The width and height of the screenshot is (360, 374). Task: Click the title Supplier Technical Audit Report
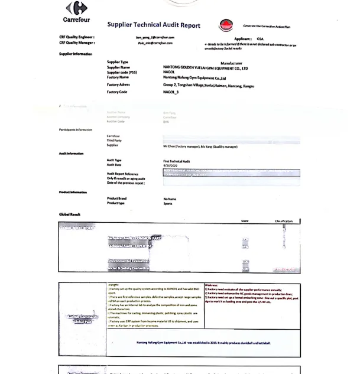coord(154,25)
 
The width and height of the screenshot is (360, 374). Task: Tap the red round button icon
coord(226,25)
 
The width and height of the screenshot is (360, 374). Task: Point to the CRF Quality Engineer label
coord(77,37)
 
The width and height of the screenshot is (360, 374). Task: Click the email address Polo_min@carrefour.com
coord(155,43)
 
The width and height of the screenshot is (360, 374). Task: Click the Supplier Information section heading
coord(76,54)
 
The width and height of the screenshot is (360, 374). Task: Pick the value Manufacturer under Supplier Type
coord(231,63)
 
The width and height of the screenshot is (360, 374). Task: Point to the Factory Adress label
coord(118,84)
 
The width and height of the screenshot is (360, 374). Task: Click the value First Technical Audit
coord(176,160)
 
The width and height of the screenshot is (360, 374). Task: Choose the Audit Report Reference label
coord(122,174)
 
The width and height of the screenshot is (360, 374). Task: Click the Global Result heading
coord(70,214)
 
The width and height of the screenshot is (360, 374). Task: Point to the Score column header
coord(245,221)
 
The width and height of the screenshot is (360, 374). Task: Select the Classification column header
coord(283,221)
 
